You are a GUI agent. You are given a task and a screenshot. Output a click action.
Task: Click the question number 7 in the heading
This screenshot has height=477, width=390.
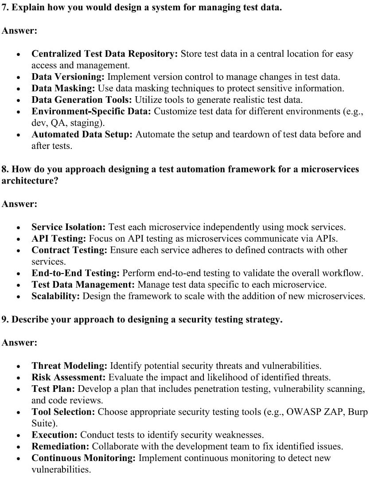4,8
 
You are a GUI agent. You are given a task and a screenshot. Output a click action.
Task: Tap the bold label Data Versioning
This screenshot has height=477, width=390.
68,77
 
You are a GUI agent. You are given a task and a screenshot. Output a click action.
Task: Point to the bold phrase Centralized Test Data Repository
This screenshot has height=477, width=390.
105,54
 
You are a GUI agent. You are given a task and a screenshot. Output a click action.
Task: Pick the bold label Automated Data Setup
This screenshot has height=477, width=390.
82,134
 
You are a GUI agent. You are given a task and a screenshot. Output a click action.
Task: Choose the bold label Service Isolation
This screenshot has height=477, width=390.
69,227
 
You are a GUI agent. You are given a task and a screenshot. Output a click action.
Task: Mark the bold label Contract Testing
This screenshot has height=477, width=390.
70,250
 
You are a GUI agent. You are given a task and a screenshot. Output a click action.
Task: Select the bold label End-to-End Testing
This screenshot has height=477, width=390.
76,273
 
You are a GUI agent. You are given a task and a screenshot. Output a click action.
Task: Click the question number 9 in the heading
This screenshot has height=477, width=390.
4,320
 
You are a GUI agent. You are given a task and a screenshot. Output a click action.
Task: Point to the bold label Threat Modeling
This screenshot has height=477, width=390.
70,366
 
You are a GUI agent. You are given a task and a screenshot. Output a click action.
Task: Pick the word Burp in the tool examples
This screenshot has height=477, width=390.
358,412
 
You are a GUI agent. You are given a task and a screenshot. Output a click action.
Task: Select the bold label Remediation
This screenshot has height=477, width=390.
60,446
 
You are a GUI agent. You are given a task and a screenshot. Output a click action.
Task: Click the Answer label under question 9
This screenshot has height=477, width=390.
19,343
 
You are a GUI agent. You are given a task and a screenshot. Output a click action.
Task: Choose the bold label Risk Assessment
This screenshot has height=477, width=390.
69,377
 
